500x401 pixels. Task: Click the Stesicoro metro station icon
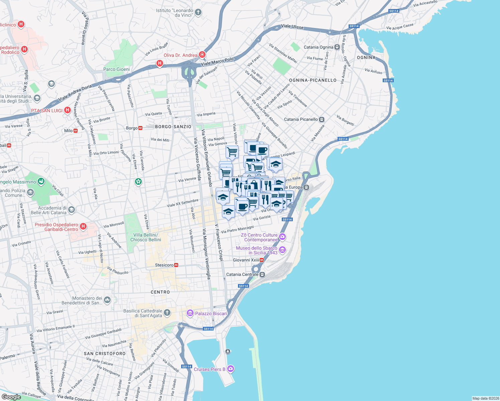[176, 265]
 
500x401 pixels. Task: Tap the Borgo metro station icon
[140, 128]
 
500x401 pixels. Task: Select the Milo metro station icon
[76, 131]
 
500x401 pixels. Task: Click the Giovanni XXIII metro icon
[262, 260]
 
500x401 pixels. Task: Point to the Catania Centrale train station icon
[262, 274]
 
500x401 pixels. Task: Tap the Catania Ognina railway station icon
[337, 47]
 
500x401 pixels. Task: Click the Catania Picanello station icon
[322, 119]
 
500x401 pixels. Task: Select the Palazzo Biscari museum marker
[190, 313]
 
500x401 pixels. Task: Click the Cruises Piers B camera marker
[230, 369]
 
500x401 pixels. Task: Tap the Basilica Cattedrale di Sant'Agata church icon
[167, 313]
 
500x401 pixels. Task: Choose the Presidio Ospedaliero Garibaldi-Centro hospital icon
[83, 227]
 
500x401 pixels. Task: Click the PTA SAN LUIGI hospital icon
[68, 110]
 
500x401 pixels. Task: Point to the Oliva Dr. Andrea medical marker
[202, 54]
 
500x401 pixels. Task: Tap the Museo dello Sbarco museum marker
[282, 250]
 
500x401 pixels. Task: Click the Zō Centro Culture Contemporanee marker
[282, 237]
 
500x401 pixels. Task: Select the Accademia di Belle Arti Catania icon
[72, 210]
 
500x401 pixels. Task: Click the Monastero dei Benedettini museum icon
[107, 300]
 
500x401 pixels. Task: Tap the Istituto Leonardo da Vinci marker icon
[198, 12]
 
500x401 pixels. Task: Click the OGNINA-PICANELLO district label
[312, 80]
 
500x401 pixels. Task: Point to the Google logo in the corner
[11, 397]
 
